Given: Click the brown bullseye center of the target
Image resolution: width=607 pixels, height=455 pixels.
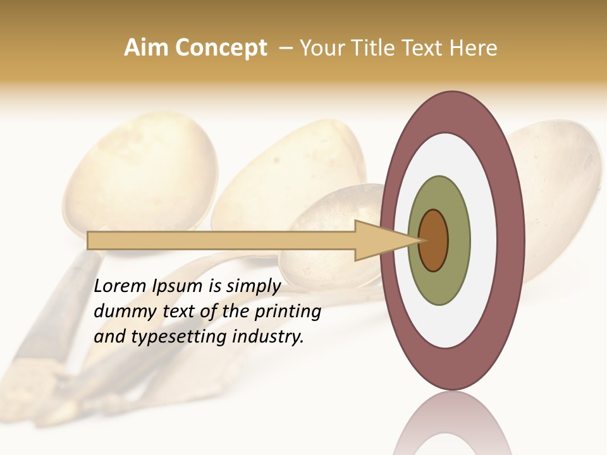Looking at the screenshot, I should [x=434, y=241].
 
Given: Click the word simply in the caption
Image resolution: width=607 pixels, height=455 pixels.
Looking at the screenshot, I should [x=254, y=286].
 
